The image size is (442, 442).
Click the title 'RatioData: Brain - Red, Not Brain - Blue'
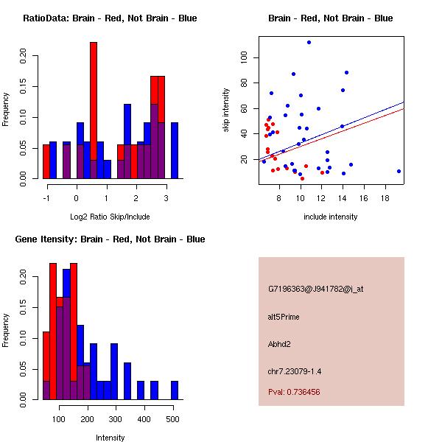click(110, 18)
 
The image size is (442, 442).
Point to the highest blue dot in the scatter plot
click(309, 42)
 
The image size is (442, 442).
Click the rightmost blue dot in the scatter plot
click(399, 171)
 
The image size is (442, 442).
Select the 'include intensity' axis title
click(331, 217)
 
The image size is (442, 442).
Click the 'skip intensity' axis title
click(226, 110)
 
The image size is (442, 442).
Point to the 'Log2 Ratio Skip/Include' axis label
click(110, 217)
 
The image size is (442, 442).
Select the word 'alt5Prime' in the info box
click(284, 317)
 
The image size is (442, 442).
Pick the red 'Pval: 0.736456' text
click(294, 392)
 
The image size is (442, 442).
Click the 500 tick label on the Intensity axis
click(172, 420)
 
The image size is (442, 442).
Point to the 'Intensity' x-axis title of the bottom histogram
click(110, 438)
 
